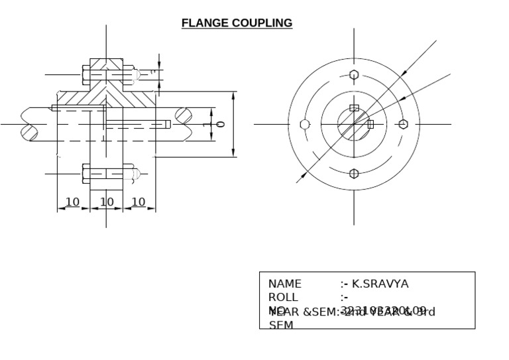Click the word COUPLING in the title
[x=262, y=23]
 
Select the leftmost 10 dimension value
[x=73, y=202]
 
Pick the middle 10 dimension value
[x=106, y=202]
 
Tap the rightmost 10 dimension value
[x=138, y=202]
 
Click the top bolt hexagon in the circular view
[x=354, y=74]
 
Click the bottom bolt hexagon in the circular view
[x=354, y=174]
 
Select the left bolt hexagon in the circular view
[x=304, y=124]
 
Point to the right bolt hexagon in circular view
[x=403, y=124]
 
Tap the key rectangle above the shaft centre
[x=354, y=107]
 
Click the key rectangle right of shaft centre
[x=370, y=124]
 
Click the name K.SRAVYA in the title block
[x=380, y=284]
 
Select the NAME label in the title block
[x=284, y=284]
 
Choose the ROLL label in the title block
[x=283, y=297]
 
